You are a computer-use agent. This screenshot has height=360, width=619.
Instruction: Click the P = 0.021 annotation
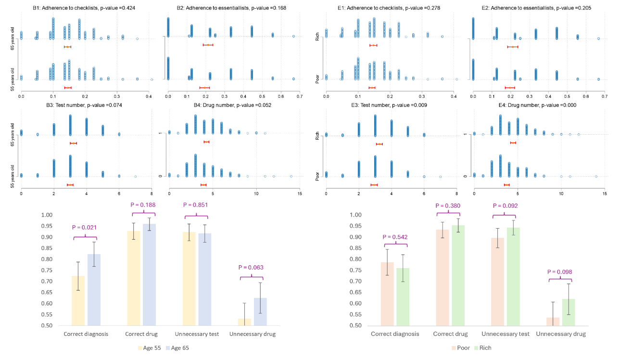tap(86, 228)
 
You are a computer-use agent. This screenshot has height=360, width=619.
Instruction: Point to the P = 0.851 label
tap(197, 206)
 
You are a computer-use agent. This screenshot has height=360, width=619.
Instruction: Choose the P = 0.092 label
tap(505, 206)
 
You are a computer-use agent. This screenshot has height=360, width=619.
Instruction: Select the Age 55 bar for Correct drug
tap(134, 278)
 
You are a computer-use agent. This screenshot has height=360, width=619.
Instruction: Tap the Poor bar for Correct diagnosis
tap(387, 294)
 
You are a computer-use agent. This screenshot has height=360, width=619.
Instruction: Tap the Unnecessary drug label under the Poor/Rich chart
tap(560, 334)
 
